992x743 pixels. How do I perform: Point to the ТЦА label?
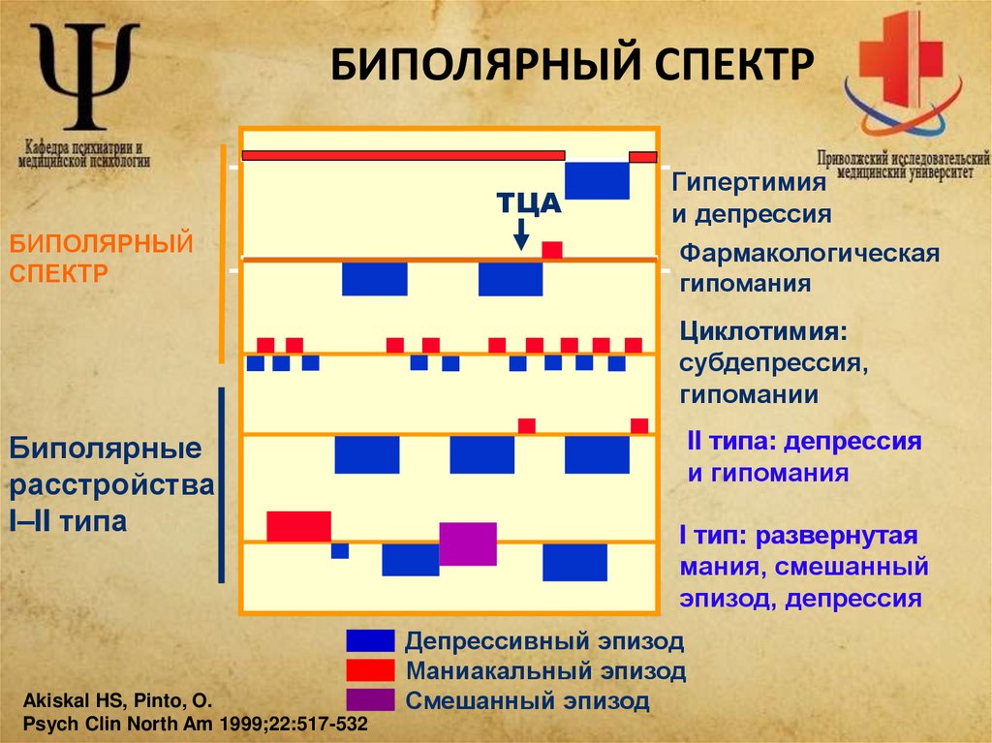click(x=529, y=202)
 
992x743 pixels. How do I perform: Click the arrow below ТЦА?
click(x=521, y=233)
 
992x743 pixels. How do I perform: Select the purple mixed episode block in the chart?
click(x=468, y=543)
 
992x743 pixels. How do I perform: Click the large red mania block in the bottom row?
click(x=298, y=526)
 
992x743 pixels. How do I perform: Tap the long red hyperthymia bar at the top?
click(x=403, y=155)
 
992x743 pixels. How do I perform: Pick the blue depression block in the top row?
click(x=597, y=180)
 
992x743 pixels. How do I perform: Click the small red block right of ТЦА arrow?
click(x=552, y=249)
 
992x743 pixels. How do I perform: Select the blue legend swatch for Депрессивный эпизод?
click(x=370, y=640)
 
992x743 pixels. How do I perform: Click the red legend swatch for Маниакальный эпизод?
click(x=370, y=669)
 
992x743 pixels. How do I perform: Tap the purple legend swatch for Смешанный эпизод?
click(x=370, y=699)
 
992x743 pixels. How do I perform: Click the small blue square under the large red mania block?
click(x=340, y=551)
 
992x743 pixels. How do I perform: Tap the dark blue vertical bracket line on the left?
click(x=223, y=484)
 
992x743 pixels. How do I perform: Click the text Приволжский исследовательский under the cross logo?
click(x=902, y=157)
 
